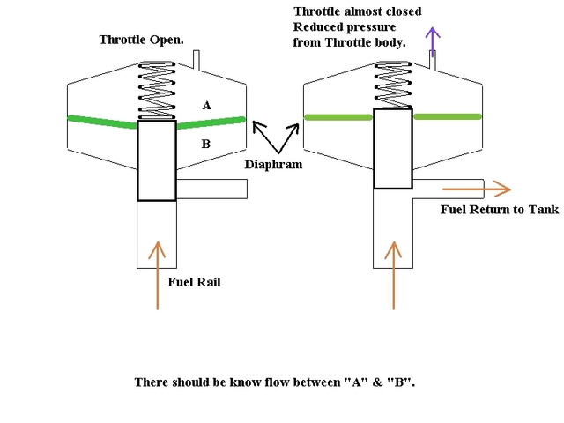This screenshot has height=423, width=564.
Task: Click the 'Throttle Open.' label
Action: [140, 40]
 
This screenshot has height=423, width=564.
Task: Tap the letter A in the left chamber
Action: [207, 105]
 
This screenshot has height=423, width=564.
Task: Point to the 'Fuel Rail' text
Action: [193, 282]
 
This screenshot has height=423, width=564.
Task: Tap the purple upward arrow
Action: [432, 37]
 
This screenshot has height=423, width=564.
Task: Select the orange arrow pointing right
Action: [476, 189]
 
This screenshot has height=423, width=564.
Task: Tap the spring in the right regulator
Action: [392, 85]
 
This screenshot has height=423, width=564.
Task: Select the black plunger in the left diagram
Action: [157, 160]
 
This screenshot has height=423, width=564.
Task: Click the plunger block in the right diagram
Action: [392, 148]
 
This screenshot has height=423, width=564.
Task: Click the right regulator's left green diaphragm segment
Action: [338, 116]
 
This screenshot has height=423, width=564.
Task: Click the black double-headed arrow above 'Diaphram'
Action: [274, 137]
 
